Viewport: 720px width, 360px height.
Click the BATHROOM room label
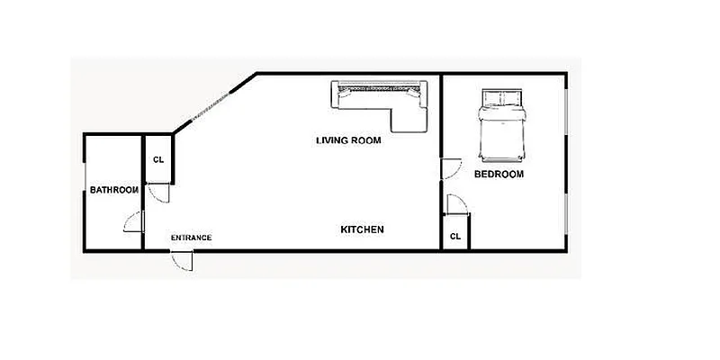(113, 190)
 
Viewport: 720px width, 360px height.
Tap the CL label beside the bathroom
(158, 160)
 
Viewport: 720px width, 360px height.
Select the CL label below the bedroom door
(455, 236)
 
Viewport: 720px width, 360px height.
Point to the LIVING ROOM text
(348, 140)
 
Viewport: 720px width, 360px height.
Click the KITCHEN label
(362, 229)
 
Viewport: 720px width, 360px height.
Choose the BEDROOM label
(499, 174)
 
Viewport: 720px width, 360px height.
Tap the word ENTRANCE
(191, 238)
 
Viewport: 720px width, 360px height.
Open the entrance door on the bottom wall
(183, 259)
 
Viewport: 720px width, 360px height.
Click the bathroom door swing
(133, 221)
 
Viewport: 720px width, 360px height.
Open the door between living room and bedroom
(450, 168)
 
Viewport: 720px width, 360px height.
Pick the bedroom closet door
(456, 205)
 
